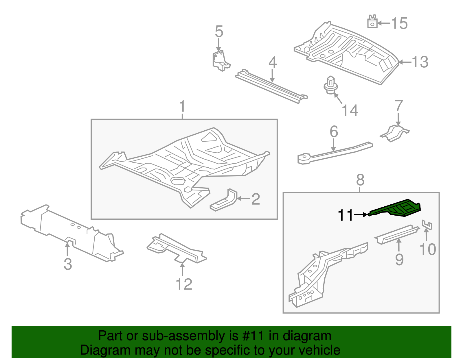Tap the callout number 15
coord(399,23)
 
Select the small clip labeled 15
coord(372,22)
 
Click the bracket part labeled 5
coord(221,61)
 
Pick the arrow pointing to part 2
coord(243,199)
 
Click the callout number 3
coord(68,264)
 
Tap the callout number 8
coord(360,180)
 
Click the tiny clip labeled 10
coord(427,225)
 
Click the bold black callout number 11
coord(346,215)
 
